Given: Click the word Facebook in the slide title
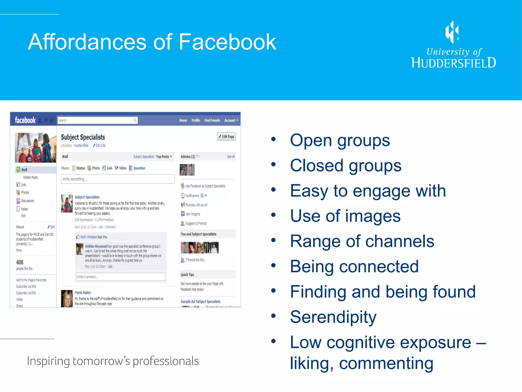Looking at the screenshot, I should click(x=227, y=42).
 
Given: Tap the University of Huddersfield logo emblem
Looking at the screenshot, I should click(x=452, y=32).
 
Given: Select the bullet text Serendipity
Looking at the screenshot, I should click(x=333, y=317).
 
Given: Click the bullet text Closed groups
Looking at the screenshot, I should click(x=346, y=166).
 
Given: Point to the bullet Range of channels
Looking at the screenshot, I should click(x=362, y=241).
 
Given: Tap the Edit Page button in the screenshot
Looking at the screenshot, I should click(x=227, y=137).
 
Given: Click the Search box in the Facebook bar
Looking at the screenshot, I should click(x=96, y=120).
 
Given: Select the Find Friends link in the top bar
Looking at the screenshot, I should click(x=212, y=120).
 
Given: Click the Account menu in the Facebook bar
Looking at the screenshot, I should click(x=231, y=120).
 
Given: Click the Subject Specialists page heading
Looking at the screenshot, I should click(x=83, y=137).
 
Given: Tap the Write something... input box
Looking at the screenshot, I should click(x=118, y=179).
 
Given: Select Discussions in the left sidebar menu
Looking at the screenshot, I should click(x=27, y=201).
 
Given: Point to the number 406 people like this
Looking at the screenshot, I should click(x=20, y=262).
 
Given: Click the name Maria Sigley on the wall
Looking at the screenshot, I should click(x=83, y=293).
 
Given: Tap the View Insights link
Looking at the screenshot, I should click(x=192, y=214).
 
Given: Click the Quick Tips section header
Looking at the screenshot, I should click(x=187, y=275).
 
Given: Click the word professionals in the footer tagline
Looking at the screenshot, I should click(x=166, y=361).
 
